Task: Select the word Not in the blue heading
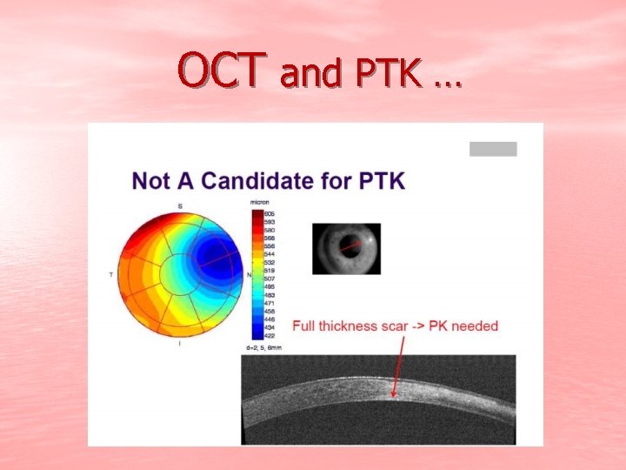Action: tap(150, 182)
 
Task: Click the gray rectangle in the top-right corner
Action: tap(493, 149)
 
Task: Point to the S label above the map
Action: tap(180, 205)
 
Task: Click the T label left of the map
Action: tap(110, 274)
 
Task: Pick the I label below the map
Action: tap(179, 344)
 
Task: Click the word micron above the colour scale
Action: tap(259, 203)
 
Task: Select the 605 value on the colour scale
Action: tap(269, 213)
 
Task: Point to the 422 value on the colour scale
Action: tap(269, 336)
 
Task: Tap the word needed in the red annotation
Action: tap(476, 326)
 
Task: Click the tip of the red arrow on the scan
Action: tap(393, 399)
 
